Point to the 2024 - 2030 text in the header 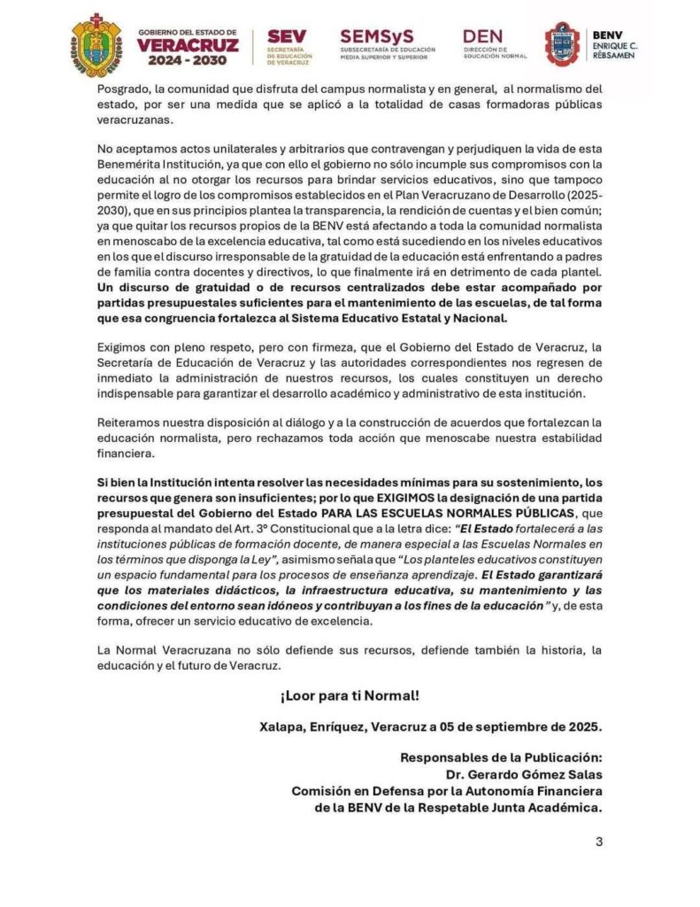click(x=188, y=61)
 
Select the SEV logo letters click(x=286, y=36)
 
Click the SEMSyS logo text click(x=375, y=35)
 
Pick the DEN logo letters click(x=482, y=35)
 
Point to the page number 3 click(x=598, y=841)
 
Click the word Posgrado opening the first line click(x=121, y=89)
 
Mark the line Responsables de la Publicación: click(x=501, y=758)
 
